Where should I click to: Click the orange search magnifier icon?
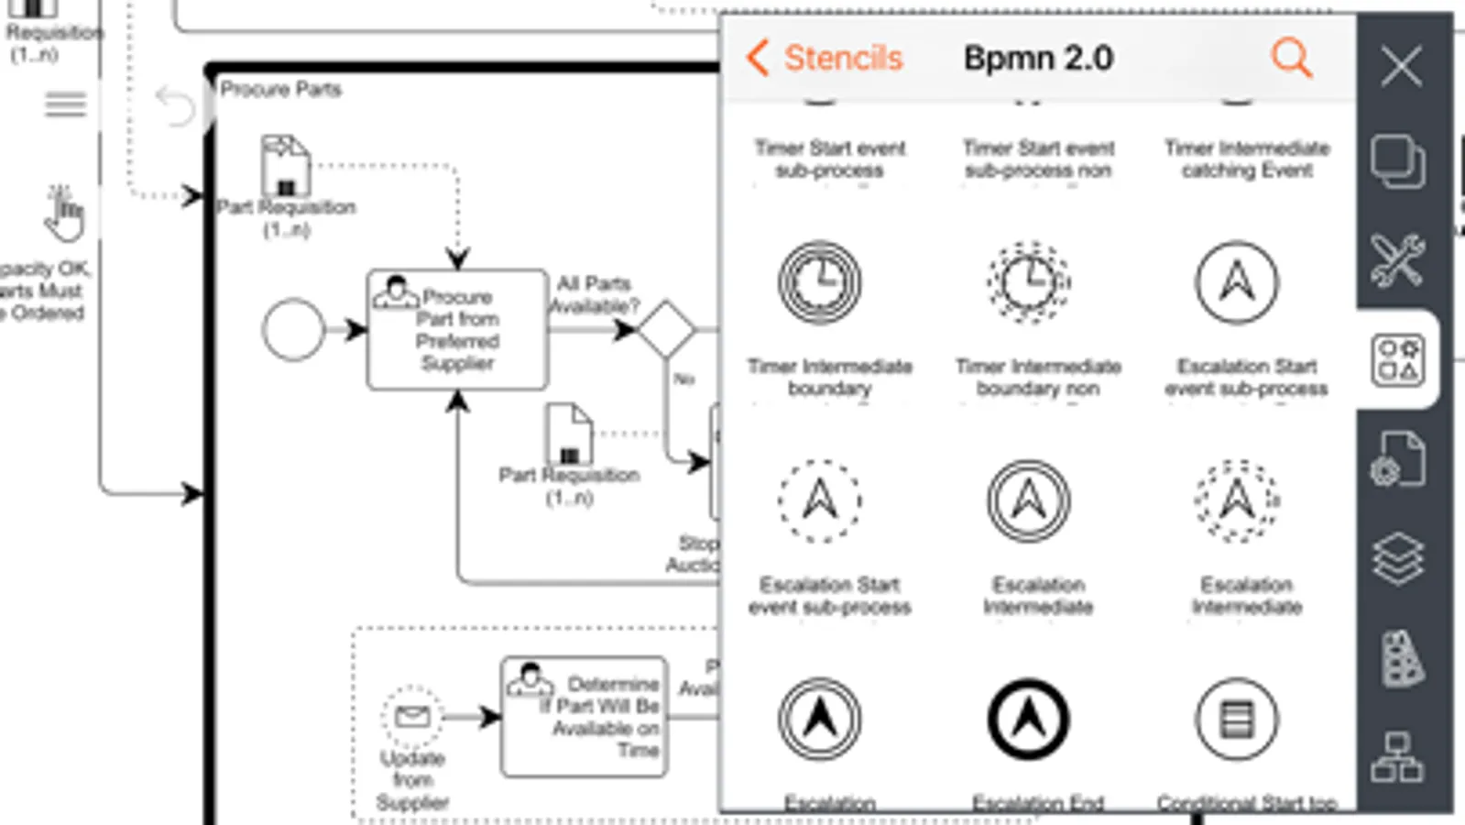coord(1292,58)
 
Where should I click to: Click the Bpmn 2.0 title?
coord(1038,59)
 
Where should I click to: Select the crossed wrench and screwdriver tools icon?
coord(1397,260)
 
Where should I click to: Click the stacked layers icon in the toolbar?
coord(1397,558)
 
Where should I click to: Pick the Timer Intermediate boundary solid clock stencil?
coord(820,282)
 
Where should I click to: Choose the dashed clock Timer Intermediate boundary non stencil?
coord(1029,282)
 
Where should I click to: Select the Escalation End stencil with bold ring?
coord(1029,720)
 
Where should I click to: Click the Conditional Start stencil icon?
coord(1237,720)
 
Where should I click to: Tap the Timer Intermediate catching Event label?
coord(1247,159)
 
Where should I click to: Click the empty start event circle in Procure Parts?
coord(293,330)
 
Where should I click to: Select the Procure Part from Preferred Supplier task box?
coord(457,330)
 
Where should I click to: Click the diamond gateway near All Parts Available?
coord(666,329)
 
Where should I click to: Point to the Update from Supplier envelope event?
coord(412,716)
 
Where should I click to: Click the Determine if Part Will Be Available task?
coord(585,716)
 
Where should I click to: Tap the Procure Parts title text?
coord(280,89)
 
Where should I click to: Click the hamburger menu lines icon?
coord(65,104)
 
